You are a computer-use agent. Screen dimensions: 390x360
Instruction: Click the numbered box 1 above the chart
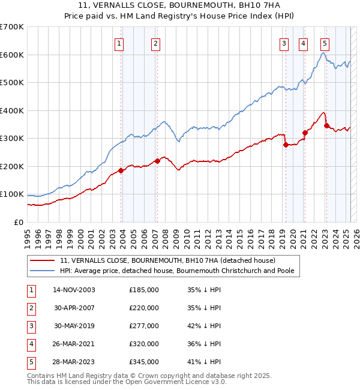pyautogui.click(x=119, y=43)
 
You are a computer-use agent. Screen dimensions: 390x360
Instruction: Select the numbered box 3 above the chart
pyautogui.click(x=284, y=43)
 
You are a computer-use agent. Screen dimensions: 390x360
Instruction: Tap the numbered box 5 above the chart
pyautogui.click(x=325, y=43)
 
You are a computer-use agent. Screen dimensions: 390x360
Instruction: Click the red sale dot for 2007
pyautogui.click(x=157, y=161)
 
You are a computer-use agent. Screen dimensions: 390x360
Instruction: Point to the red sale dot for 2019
pyautogui.click(x=286, y=145)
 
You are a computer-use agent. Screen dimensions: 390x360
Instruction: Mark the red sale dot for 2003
pyautogui.click(x=121, y=170)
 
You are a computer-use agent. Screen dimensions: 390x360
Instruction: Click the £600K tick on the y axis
pyautogui.click(x=11, y=55)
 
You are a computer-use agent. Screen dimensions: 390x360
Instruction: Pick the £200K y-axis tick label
pyautogui.click(x=11, y=166)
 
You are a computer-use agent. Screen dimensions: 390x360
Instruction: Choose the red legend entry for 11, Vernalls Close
pyautogui.click(x=167, y=260)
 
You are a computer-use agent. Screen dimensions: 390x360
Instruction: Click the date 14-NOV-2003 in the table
pyautogui.click(x=74, y=290)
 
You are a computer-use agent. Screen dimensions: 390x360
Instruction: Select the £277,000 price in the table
pyautogui.click(x=144, y=326)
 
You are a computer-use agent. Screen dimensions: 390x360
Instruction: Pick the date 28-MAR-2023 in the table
pyautogui.click(x=74, y=362)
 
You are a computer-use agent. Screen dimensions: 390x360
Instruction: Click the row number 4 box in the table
pyautogui.click(x=30, y=344)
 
